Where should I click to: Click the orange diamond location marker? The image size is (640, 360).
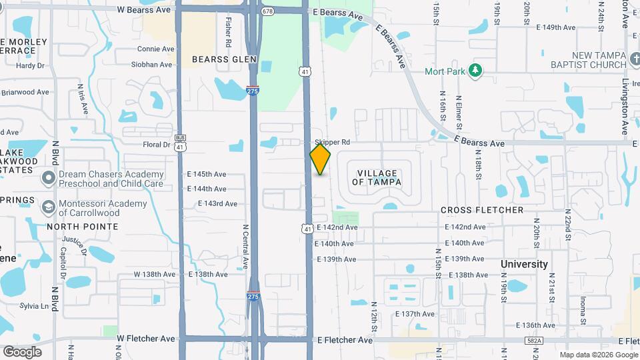320,159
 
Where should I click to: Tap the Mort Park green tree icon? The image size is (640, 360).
475,70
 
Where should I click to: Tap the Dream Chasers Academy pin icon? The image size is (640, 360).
47,178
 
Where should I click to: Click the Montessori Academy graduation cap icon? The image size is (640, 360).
47,207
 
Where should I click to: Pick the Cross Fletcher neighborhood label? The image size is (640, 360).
482,210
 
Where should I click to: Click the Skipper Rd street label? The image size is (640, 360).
332,143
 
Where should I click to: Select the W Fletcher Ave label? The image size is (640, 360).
146,339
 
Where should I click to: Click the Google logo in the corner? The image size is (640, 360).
22,351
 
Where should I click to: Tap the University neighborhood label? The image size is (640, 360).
524,264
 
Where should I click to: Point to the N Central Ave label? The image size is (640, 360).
245,247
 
